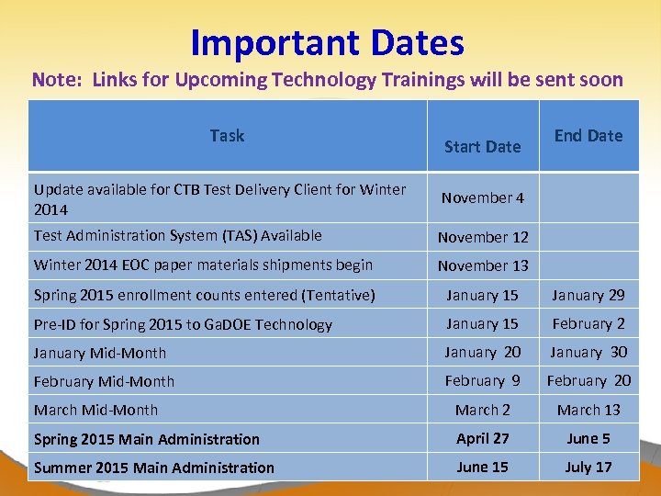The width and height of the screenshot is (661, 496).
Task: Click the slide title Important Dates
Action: click(x=328, y=42)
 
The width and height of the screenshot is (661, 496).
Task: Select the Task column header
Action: click(x=227, y=136)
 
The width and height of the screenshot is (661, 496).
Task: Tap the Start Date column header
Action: click(x=482, y=146)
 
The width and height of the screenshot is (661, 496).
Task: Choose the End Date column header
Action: click(x=588, y=136)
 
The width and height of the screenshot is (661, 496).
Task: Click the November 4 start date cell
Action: click(x=482, y=197)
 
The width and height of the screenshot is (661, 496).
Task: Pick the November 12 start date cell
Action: click(x=483, y=237)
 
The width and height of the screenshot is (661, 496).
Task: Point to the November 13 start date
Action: click(x=483, y=266)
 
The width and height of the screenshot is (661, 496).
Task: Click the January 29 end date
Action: click(x=588, y=295)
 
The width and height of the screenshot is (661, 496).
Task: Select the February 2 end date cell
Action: click(x=588, y=323)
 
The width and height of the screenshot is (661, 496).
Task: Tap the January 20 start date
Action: click(x=483, y=352)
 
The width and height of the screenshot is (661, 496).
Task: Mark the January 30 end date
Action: click(x=588, y=352)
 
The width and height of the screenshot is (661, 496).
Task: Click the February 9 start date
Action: click(x=483, y=380)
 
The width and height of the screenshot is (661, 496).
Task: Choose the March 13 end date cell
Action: click(x=588, y=410)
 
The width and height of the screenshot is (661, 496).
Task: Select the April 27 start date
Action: click(x=483, y=438)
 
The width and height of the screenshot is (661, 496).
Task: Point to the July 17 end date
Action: click(x=588, y=467)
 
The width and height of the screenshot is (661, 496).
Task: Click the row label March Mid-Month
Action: click(x=95, y=410)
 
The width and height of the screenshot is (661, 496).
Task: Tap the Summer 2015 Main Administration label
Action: click(x=153, y=468)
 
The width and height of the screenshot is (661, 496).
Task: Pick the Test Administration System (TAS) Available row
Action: click(x=177, y=236)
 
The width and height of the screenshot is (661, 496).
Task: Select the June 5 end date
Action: click(x=588, y=438)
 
